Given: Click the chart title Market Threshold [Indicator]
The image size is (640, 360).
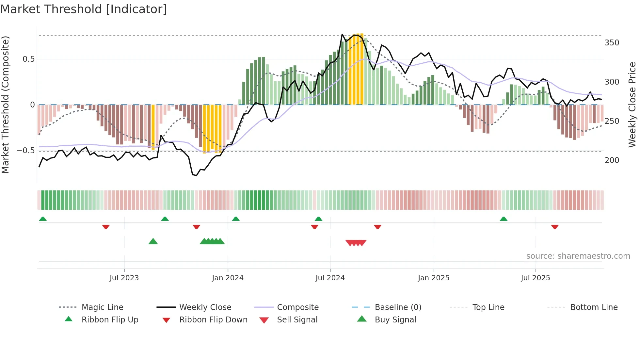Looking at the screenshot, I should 84,9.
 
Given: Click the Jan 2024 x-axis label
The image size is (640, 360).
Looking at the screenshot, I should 228,278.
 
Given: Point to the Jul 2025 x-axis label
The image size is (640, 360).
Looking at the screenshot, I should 535,278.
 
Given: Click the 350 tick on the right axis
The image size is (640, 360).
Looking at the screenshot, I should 612,43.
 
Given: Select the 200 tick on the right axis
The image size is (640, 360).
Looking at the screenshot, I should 612,160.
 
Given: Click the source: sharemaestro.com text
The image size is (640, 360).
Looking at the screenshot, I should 578,256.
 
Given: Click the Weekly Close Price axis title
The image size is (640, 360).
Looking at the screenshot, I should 632,105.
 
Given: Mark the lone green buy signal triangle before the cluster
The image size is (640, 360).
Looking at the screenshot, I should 153,241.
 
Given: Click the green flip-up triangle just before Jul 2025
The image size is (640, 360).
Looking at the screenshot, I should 503,219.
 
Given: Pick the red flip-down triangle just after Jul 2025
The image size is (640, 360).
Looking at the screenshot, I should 554,227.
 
